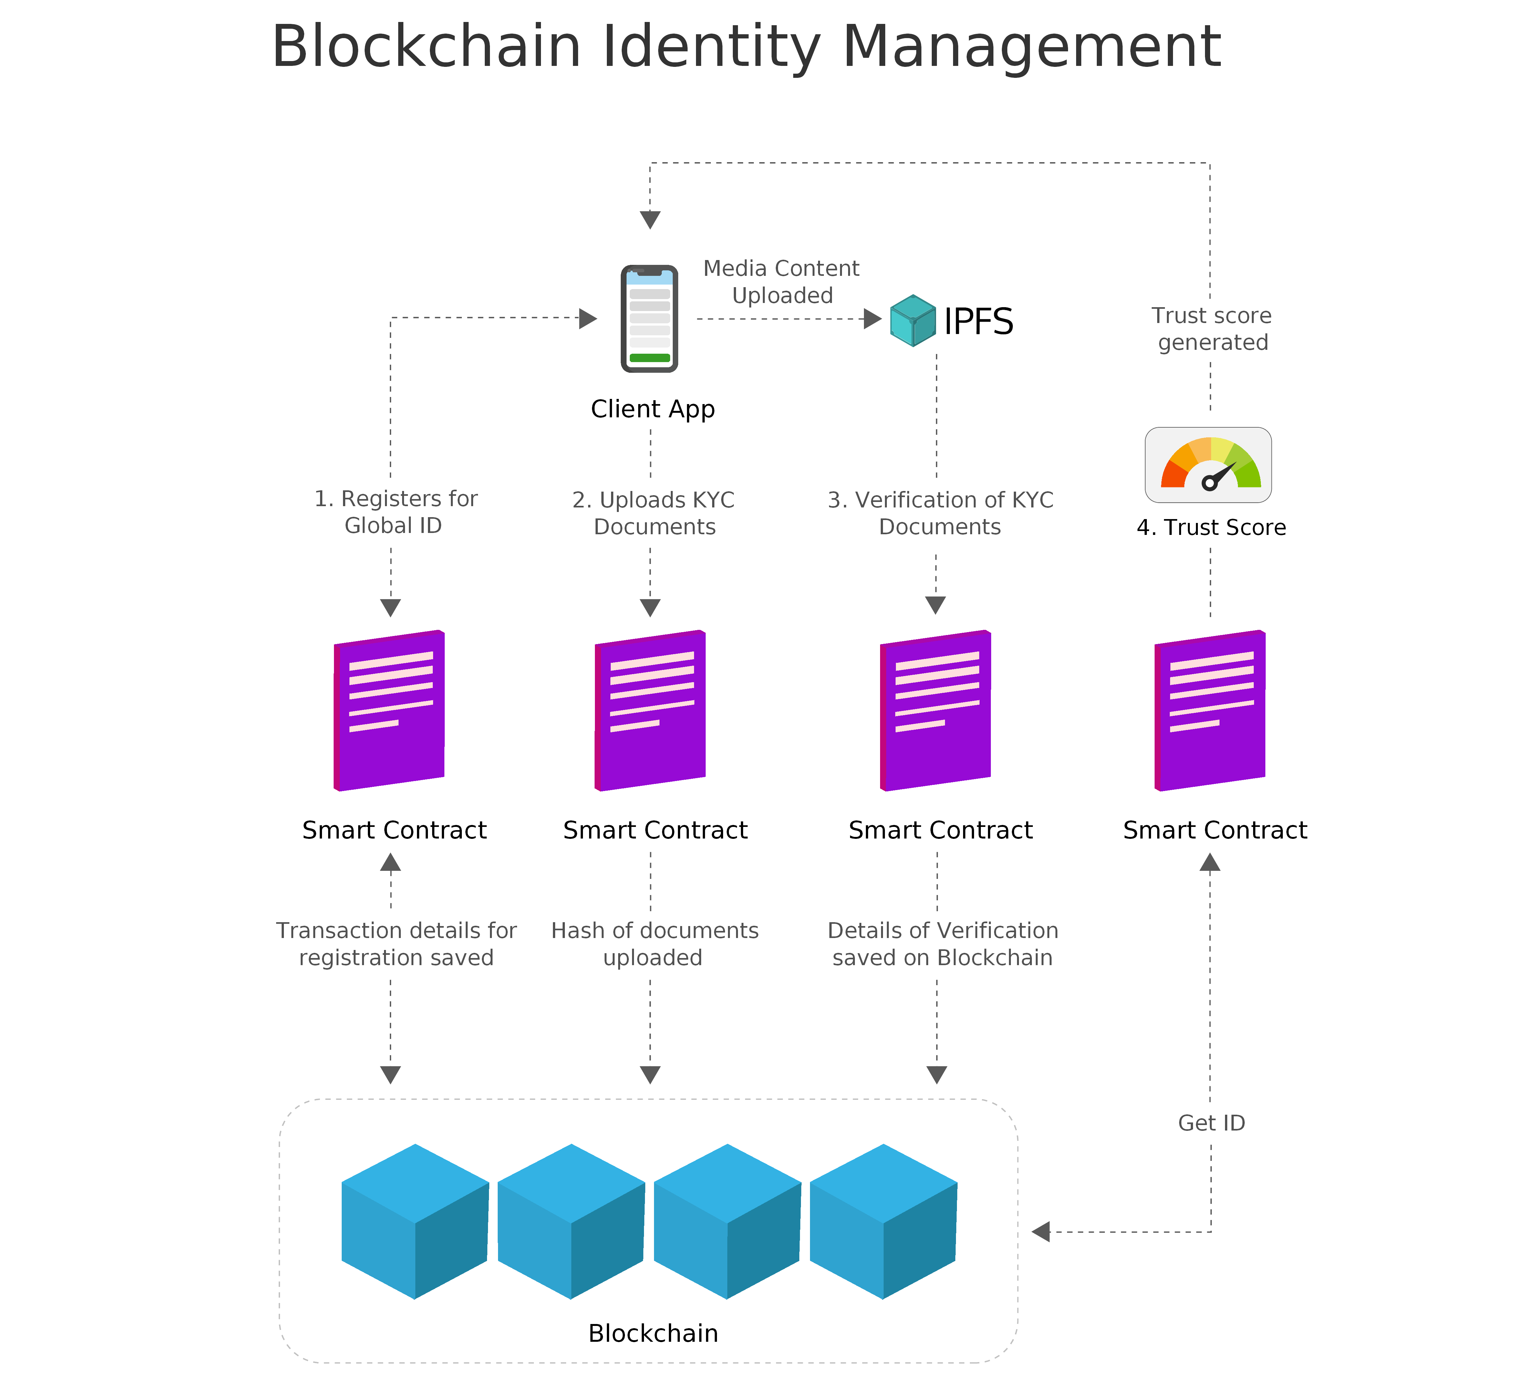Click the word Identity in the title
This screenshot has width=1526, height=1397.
[711, 47]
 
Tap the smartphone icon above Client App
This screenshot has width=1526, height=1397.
[649, 319]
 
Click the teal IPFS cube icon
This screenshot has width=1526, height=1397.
[913, 320]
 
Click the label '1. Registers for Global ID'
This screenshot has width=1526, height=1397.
[395, 512]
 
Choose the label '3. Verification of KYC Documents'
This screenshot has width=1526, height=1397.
[940, 513]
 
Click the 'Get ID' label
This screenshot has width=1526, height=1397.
[1211, 1123]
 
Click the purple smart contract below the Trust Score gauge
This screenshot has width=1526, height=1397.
[1209, 710]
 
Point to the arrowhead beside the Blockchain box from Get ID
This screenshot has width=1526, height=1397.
[1041, 1232]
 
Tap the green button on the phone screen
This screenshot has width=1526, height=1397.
[649, 357]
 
